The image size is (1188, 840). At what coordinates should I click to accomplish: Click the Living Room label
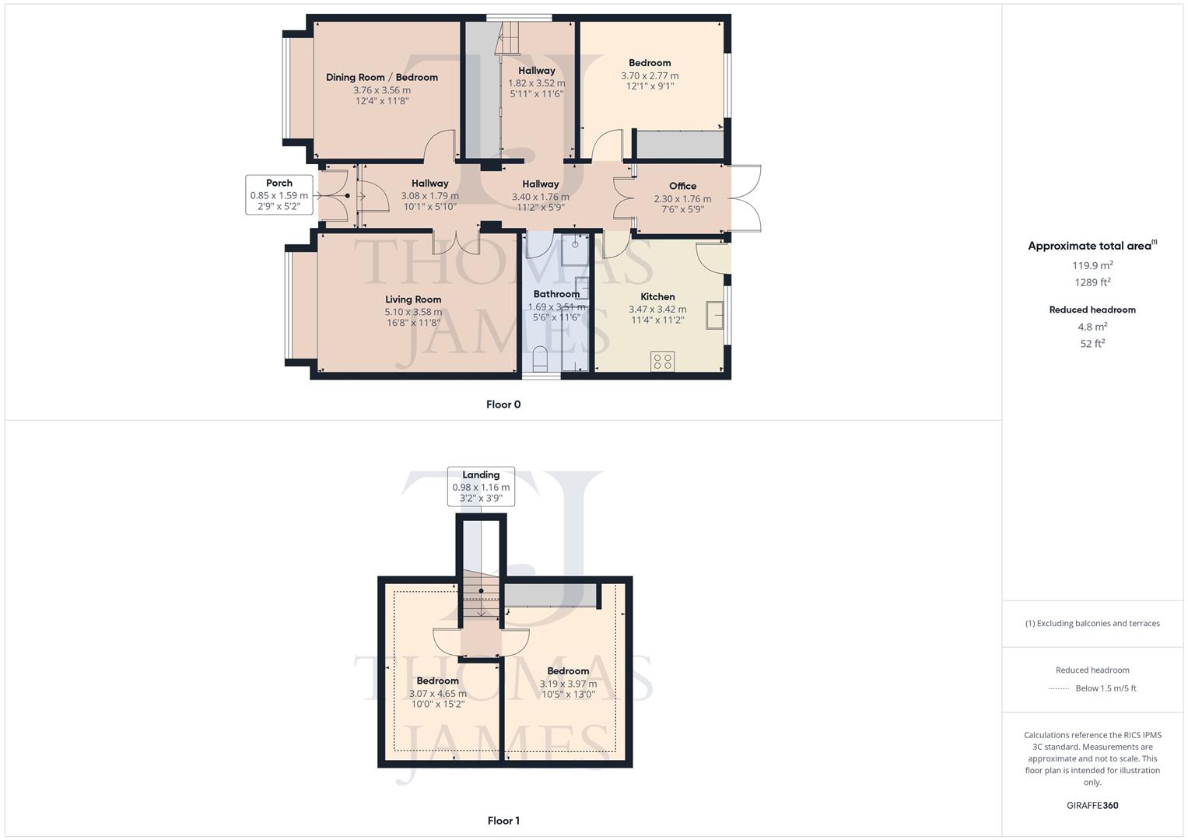pyautogui.click(x=413, y=299)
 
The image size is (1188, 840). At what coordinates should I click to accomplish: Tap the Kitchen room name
pyautogui.click(x=657, y=296)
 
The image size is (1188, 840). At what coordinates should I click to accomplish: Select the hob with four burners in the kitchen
pyautogui.click(x=664, y=361)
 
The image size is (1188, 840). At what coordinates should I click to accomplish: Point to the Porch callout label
pyautogui.click(x=279, y=194)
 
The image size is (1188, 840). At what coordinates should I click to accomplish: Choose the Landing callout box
pyautogui.click(x=481, y=486)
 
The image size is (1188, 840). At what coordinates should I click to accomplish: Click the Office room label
pyautogui.click(x=682, y=186)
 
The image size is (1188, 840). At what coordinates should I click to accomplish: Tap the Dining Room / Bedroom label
pyautogui.click(x=381, y=77)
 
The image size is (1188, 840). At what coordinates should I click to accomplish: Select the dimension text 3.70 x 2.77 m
pyautogui.click(x=650, y=75)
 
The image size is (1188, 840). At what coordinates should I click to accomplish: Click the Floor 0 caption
pyautogui.click(x=503, y=404)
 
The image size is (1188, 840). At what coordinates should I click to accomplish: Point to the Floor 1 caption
pyautogui.click(x=503, y=821)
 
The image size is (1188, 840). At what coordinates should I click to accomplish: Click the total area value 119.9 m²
pyautogui.click(x=1092, y=265)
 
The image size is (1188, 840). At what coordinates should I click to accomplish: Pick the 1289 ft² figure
pyautogui.click(x=1092, y=282)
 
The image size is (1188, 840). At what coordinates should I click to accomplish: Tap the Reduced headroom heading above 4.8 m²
pyautogui.click(x=1092, y=310)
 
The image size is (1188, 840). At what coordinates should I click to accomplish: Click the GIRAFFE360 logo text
pyautogui.click(x=1092, y=805)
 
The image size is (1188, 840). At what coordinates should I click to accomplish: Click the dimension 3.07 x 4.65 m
pyautogui.click(x=438, y=694)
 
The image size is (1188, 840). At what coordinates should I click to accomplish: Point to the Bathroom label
pyautogui.click(x=556, y=294)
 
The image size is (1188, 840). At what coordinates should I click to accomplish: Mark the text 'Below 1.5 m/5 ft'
pyautogui.click(x=1106, y=688)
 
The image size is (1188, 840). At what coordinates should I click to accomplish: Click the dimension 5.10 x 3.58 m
pyautogui.click(x=413, y=312)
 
